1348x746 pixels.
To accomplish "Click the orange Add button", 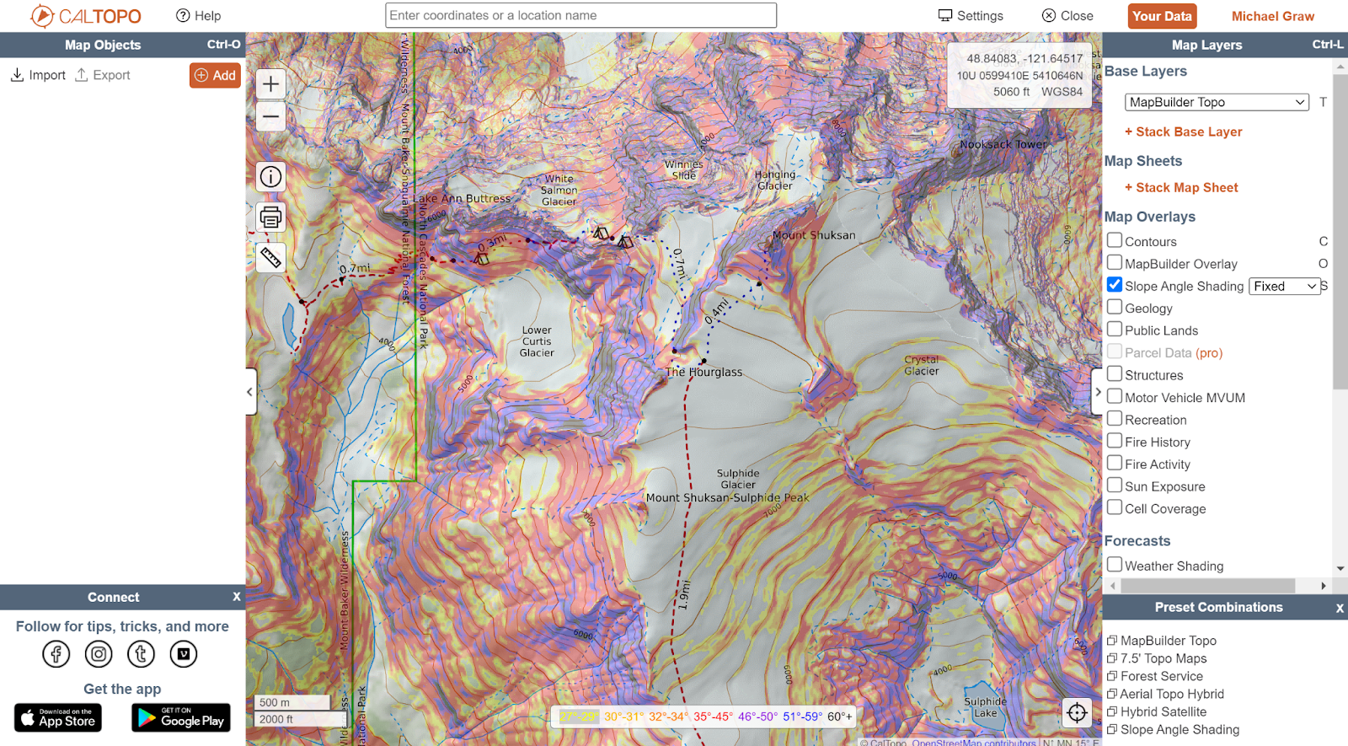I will pyautogui.click(x=215, y=75).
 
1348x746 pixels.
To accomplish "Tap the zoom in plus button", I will pyautogui.click(x=270, y=84).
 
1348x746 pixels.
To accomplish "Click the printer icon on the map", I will pyautogui.click(x=270, y=217).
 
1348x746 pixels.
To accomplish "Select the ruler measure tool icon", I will pyautogui.click(x=270, y=258).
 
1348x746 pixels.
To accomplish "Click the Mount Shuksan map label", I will pyautogui.click(x=813, y=235).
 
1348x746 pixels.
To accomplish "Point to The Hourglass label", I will pyautogui.click(x=703, y=372).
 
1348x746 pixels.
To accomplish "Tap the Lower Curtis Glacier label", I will pyautogui.click(x=537, y=341).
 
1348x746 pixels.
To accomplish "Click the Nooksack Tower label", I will pyautogui.click(x=1003, y=144).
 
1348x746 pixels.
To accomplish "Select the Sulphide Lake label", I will pyautogui.click(x=985, y=707).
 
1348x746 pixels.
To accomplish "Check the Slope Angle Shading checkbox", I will pyautogui.click(x=1115, y=285).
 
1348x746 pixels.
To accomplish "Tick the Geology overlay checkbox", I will pyautogui.click(x=1115, y=308).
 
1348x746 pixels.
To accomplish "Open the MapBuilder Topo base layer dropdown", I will pyautogui.click(x=1216, y=102).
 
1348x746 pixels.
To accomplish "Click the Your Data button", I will pyautogui.click(x=1162, y=16).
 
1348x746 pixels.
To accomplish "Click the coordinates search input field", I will pyautogui.click(x=580, y=15).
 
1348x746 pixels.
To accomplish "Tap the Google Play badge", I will pyautogui.click(x=181, y=717).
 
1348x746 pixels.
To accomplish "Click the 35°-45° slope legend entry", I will pyautogui.click(x=713, y=716).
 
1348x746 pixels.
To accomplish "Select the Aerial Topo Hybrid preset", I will pyautogui.click(x=1171, y=694).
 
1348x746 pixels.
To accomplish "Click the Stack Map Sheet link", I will pyautogui.click(x=1186, y=187).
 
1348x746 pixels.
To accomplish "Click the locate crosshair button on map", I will pyautogui.click(x=1077, y=713).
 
